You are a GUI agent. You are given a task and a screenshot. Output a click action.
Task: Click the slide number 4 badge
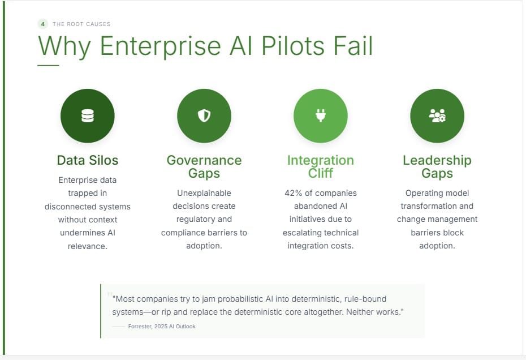click(42, 24)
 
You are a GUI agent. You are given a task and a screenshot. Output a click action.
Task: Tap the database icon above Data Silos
click(88, 116)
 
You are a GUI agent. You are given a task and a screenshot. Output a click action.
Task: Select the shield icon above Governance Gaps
click(204, 116)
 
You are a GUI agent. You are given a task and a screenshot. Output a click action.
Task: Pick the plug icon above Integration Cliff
click(321, 116)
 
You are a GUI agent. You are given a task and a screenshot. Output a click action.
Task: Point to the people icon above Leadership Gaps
click(437, 116)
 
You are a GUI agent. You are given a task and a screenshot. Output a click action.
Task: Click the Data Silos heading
click(88, 160)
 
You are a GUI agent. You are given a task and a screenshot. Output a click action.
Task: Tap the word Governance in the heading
click(204, 160)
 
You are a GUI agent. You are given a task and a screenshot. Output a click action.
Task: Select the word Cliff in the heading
click(321, 173)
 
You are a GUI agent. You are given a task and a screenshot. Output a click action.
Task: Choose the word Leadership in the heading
click(437, 160)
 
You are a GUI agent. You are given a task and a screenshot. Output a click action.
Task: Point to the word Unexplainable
click(204, 193)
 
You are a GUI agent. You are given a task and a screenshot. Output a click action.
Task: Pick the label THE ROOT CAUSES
click(81, 24)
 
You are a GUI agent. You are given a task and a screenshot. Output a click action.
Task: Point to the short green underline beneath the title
click(48, 66)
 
